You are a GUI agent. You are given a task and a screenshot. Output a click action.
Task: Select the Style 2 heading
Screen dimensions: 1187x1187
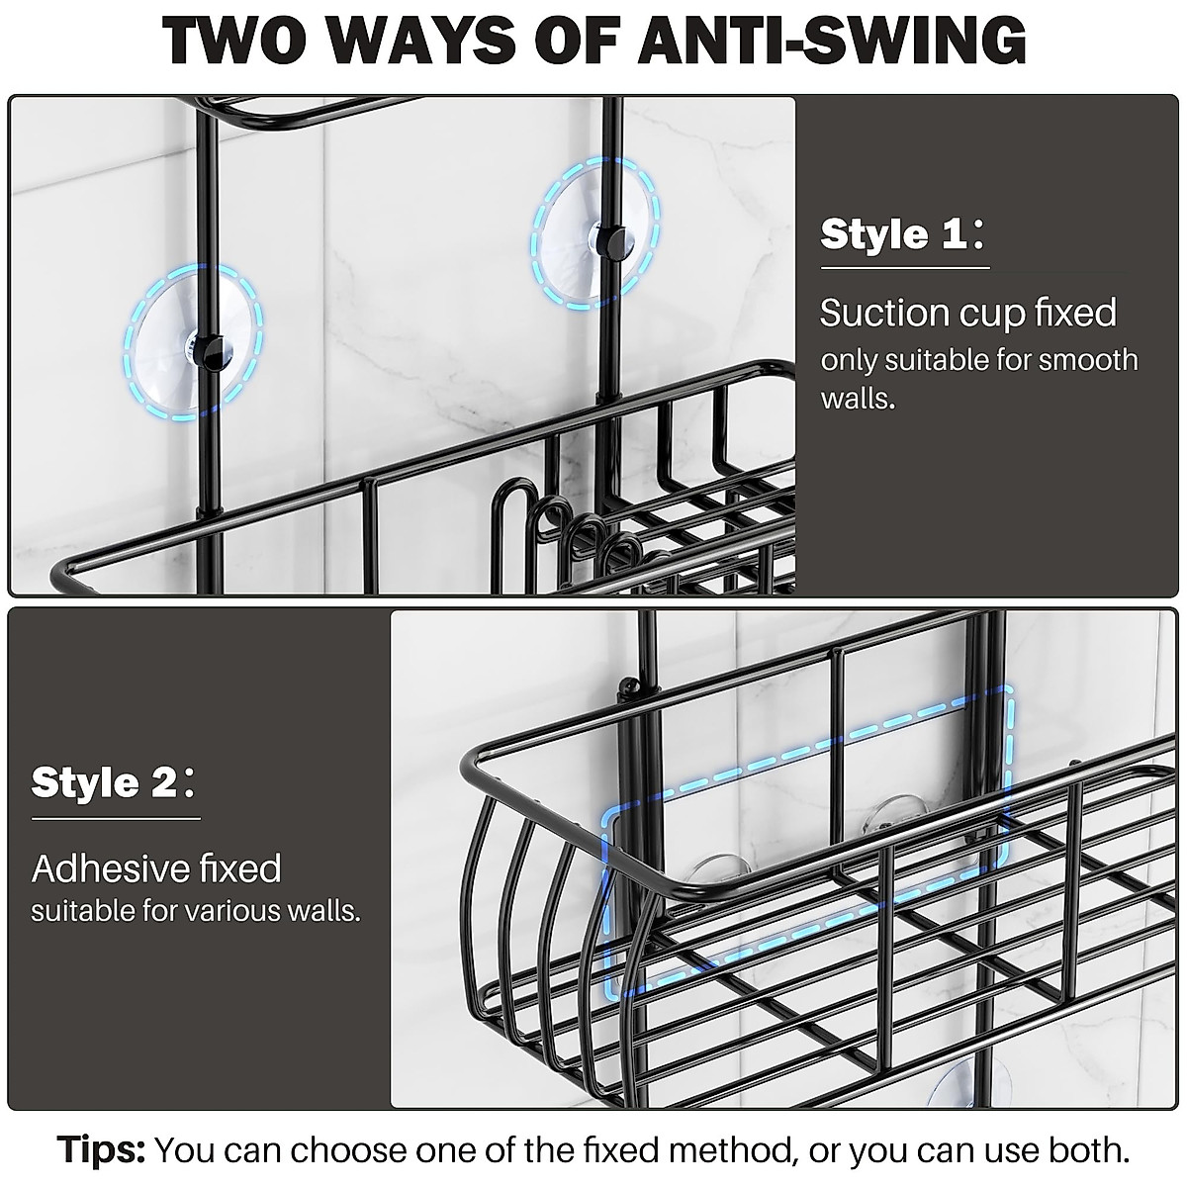click(104, 783)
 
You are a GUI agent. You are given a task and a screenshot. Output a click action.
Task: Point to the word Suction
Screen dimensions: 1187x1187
click(883, 314)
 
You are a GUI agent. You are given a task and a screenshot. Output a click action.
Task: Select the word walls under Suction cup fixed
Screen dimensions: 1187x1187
click(857, 400)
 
